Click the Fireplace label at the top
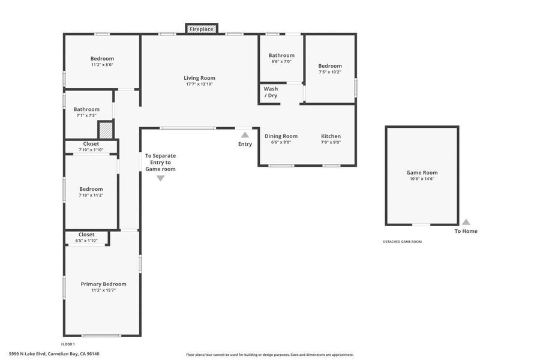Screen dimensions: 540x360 [x=202, y=29]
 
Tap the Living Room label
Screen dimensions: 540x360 [x=199, y=78]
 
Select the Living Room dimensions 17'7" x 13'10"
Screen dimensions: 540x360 [x=199, y=84]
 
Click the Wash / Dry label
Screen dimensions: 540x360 [x=271, y=92]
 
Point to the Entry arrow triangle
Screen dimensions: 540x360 [x=245, y=134]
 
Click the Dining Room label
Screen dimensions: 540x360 [x=281, y=136]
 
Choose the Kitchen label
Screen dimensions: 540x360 [x=331, y=136]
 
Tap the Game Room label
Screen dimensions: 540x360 [x=422, y=173]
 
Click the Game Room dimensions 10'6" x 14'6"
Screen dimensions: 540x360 [x=422, y=179]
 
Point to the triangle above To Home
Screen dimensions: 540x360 [x=466, y=222]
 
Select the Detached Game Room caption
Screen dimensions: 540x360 [x=402, y=242]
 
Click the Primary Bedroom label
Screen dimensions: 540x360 [x=103, y=284]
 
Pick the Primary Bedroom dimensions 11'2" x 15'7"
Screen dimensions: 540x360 [x=103, y=290]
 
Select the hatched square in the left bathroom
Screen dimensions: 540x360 [x=106, y=130]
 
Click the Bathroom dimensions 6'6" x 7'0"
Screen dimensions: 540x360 [x=281, y=62]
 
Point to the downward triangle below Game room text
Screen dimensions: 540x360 [x=160, y=178]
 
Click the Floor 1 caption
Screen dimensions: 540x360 [x=68, y=344]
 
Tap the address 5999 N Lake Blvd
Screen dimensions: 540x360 [x=27, y=354]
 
